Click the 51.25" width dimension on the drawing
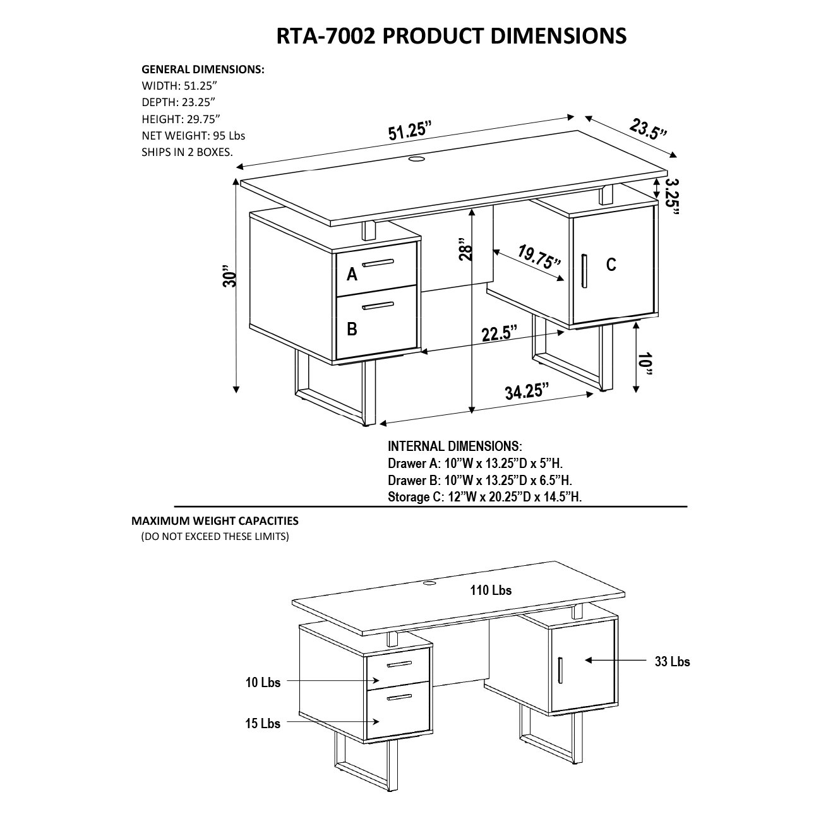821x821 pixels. click(410, 133)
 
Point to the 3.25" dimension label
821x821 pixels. click(673, 196)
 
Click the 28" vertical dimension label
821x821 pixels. click(465, 249)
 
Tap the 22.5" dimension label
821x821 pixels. click(500, 333)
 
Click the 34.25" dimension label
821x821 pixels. click(526, 392)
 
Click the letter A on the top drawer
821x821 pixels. click(352, 274)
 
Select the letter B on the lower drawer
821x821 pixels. click(352, 328)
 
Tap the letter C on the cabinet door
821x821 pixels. click(611, 265)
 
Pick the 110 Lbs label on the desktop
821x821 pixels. click(490, 590)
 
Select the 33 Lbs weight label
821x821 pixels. click(672, 661)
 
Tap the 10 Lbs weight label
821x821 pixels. click(263, 681)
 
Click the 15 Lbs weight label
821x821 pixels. click(263, 723)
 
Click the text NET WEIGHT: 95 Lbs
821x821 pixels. click(193, 135)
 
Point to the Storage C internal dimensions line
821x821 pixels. click(484, 497)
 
